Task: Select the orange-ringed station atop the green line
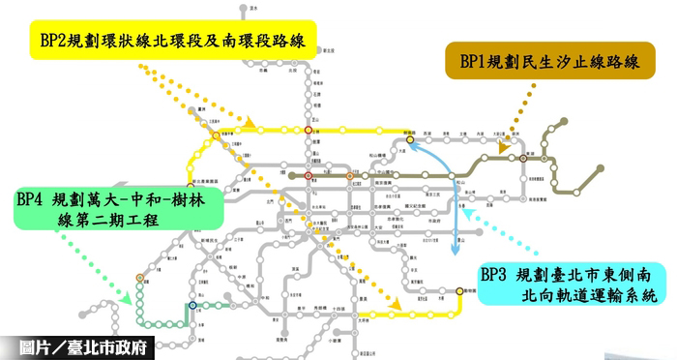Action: [x=140, y=278]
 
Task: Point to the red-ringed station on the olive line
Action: [x=309, y=177]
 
